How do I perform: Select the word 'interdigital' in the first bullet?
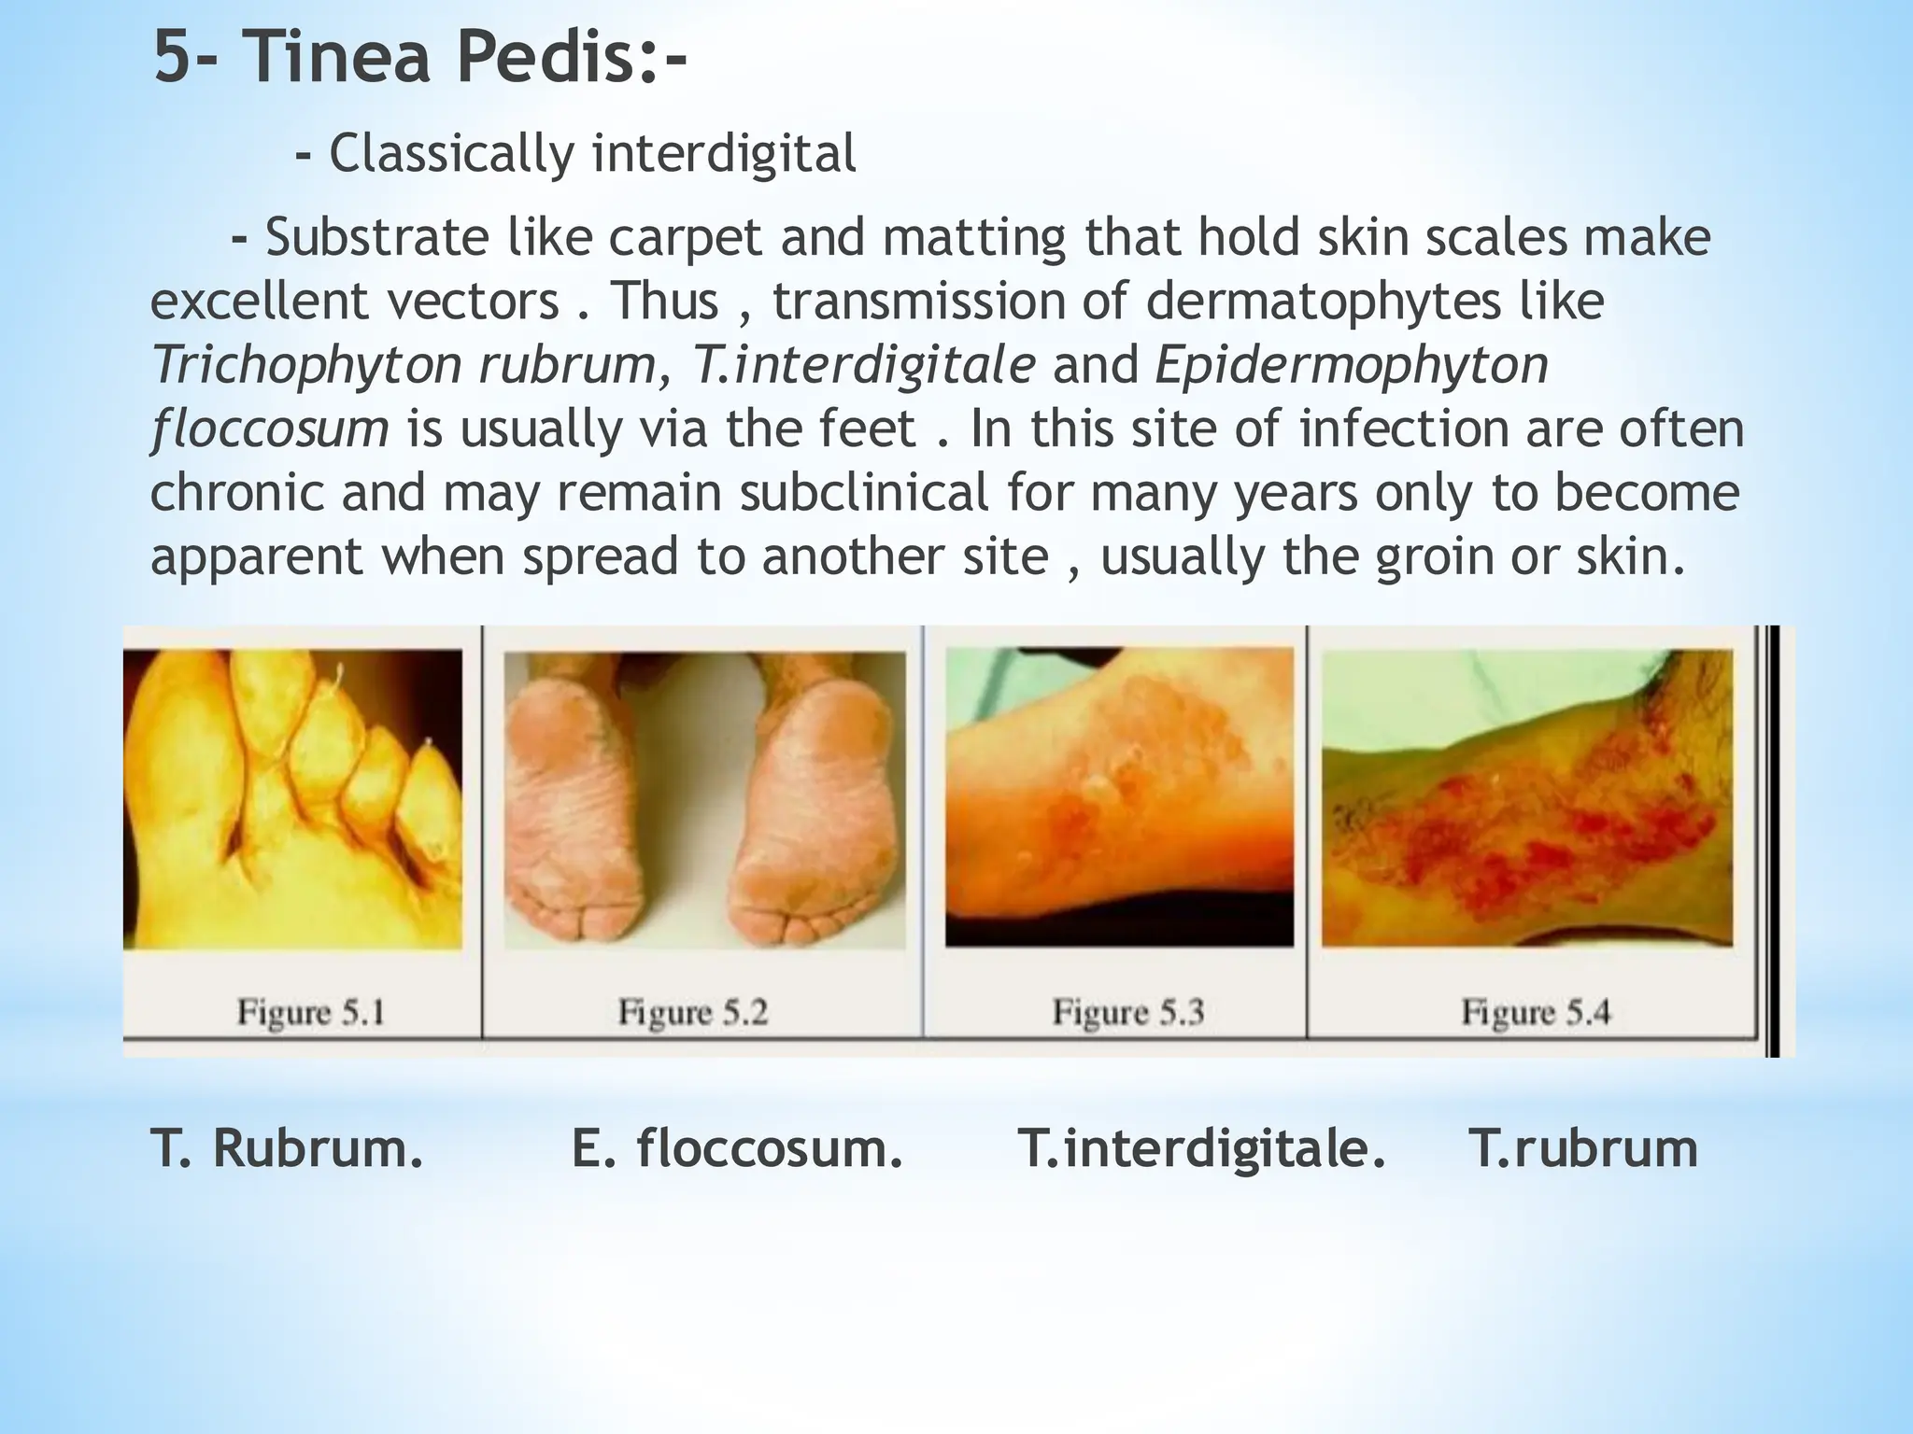[724, 154]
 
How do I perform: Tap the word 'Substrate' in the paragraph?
[375, 238]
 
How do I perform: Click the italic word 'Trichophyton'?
[306, 365]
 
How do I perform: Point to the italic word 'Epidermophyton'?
[1352, 365]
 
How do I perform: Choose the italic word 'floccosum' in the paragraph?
[269, 429]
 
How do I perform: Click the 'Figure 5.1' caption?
[310, 1012]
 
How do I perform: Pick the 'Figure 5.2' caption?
[692, 1012]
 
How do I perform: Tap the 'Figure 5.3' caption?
[1127, 1012]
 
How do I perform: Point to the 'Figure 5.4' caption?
[1536, 1012]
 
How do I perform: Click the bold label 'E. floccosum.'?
[737, 1148]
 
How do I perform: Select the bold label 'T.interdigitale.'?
[1202, 1148]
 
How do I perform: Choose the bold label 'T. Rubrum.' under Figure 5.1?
[287, 1148]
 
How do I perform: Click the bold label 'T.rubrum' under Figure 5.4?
[1582, 1148]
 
